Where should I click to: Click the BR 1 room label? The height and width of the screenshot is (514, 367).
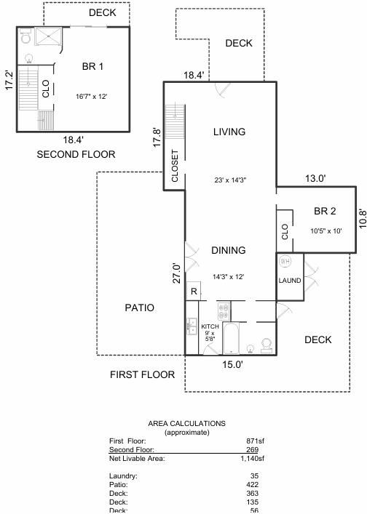pyautogui.click(x=92, y=67)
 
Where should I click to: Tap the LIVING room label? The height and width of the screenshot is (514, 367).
pyautogui.click(x=229, y=132)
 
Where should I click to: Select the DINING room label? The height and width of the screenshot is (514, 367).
pyautogui.click(x=229, y=250)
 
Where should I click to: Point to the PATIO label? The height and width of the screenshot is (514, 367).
pyautogui.click(x=140, y=308)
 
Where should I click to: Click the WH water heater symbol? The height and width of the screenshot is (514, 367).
pyautogui.click(x=285, y=261)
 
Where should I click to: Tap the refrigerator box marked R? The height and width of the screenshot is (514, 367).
pyautogui.click(x=194, y=291)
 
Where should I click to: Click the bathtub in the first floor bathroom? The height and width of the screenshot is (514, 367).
pyautogui.click(x=231, y=338)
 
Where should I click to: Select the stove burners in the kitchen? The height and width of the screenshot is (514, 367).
pyautogui.click(x=224, y=311)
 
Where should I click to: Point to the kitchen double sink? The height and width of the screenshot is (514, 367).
pyautogui.click(x=192, y=326)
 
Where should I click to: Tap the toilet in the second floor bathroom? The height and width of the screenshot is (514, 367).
pyautogui.click(x=25, y=36)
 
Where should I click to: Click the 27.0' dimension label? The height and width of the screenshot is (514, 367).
pyautogui.click(x=177, y=273)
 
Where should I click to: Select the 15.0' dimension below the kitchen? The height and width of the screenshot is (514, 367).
pyautogui.click(x=232, y=364)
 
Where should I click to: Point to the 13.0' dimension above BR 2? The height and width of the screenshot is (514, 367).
pyautogui.click(x=315, y=178)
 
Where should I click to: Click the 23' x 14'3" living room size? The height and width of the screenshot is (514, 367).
pyautogui.click(x=230, y=180)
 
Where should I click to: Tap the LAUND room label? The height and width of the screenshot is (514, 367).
pyautogui.click(x=290, y=281)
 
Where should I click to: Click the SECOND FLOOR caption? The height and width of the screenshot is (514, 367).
pyautogui.click(x=76, y=154)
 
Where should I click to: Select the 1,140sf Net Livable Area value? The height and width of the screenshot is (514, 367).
pyautogui.click(x=252, y=458)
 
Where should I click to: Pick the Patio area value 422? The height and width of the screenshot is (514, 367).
pyautogui.click(x=253, y=484)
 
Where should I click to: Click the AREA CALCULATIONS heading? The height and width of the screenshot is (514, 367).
pyautogui.click(x=187, y=424)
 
